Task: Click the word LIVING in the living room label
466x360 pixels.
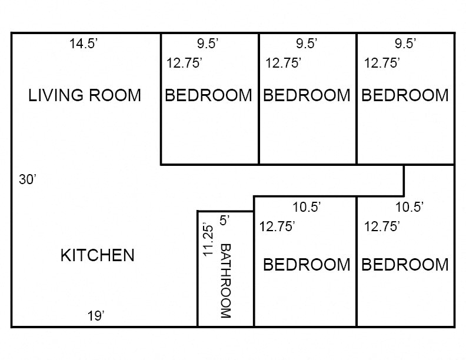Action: [x=56, y=95]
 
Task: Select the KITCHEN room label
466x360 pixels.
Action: [x=98, y=255]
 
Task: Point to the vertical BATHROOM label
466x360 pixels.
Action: [x=225, y=281]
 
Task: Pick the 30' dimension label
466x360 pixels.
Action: [x=28, y=180]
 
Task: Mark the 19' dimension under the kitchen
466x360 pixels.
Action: [x=96, y=316]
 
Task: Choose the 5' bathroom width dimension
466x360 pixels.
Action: [x=224, y=221]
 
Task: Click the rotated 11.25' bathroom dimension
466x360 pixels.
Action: [x=207, y=239]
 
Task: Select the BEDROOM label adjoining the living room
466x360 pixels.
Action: [x=208, y=95]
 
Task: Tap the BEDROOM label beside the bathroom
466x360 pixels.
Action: [x=306, y=265]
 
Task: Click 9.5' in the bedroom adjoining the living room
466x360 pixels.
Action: [x=208, y=43]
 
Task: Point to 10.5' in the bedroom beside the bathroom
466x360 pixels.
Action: [x=307, y=206]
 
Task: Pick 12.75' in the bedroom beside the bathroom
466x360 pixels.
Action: [x=277, y=226]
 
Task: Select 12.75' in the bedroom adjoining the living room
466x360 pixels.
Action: [x=184, y=63]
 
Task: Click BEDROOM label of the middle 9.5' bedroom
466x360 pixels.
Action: [x=307, y=95]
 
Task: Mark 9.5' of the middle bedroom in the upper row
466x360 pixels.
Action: [x=307, y=43]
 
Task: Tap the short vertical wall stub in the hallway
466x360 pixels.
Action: [x=404, y=180]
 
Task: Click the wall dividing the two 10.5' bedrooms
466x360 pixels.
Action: [x=357, y=262]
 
